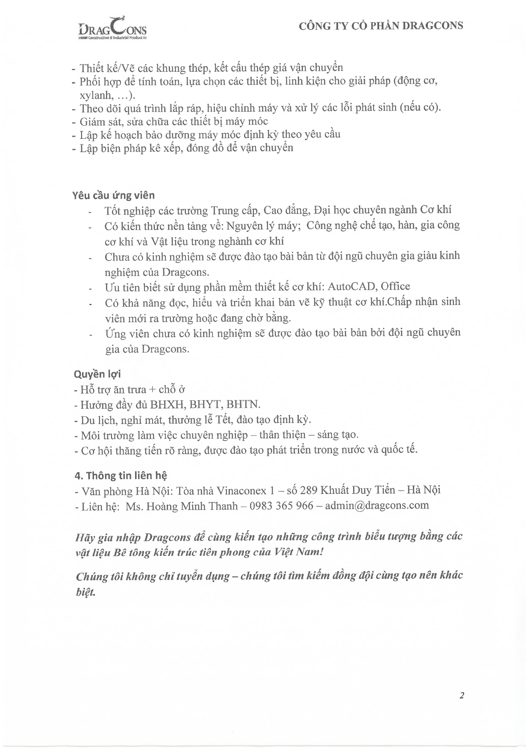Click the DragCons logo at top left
(112, 29)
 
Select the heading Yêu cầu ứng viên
(113, 195)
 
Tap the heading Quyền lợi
(97, 374)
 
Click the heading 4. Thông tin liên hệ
(121, 476)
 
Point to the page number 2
(462, 696)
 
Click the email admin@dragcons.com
(377, 505)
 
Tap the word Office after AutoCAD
(395, 286)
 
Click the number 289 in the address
(309, 490)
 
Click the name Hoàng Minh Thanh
(192, 506)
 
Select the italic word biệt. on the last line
(85, 593)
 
